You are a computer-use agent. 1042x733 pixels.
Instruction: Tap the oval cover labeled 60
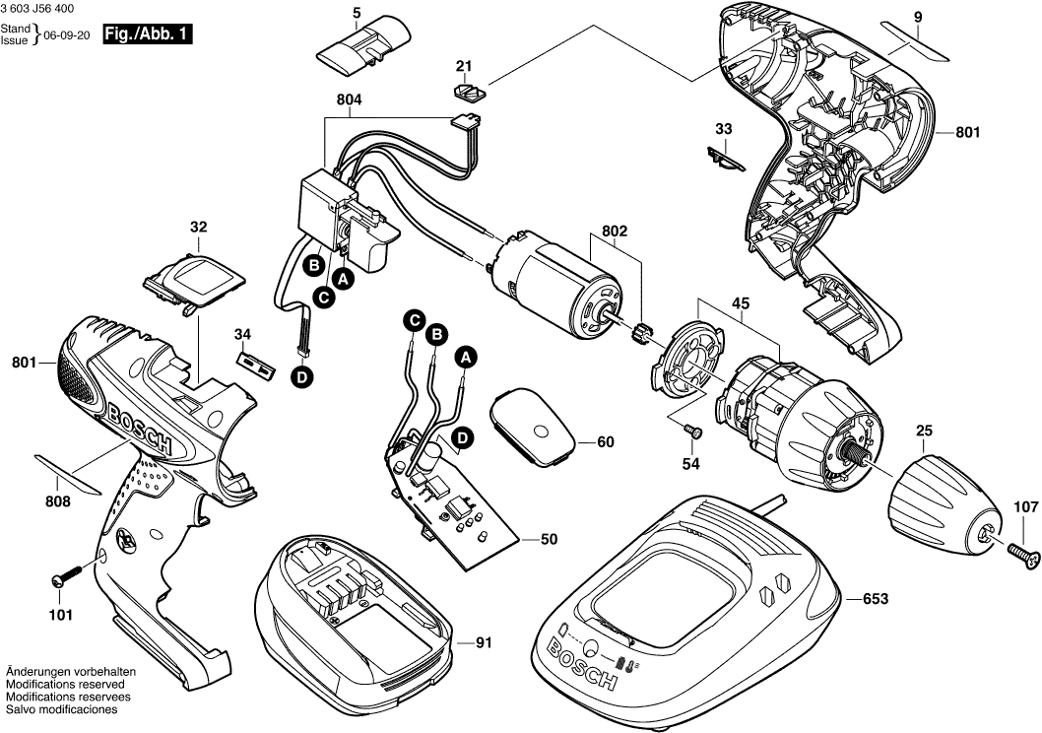pos(538,424)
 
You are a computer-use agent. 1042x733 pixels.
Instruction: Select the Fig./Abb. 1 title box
pos(147,35)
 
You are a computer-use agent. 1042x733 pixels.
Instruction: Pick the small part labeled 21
pos(467,92)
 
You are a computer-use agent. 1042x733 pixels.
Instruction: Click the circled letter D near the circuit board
pos(460,437)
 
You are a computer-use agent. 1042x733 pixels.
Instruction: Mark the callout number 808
pos(58,501)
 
